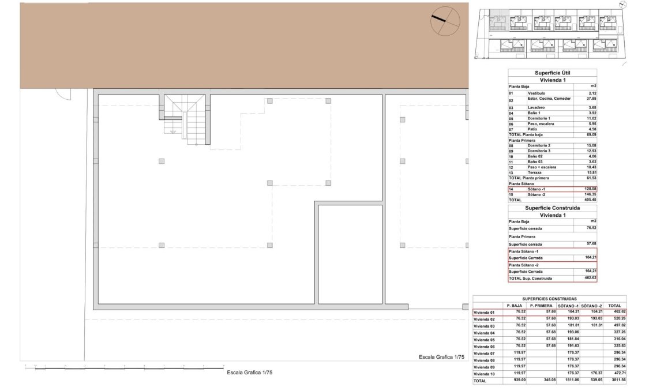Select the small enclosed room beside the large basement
[350, 254]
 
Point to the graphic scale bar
[124, 367]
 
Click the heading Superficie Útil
[552, 73]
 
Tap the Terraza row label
[537, 172]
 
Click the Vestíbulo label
[537, 93]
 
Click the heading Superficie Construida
[552, 208]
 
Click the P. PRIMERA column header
[541, 306]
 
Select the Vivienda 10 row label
[485, 374]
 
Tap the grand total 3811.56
[615, 381]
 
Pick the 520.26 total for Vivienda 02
[615, 319]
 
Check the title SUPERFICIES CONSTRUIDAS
[549, 299]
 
